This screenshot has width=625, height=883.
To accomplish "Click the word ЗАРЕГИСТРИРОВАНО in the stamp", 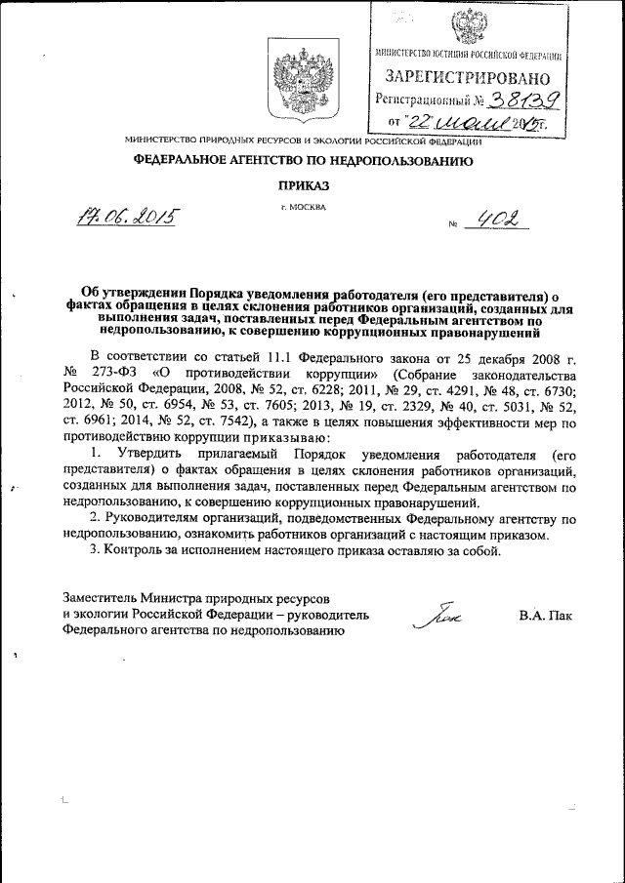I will [x=467, y=77].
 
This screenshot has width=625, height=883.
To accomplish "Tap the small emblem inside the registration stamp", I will [x=467, y=26].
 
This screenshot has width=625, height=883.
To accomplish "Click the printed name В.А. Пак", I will [x=546, y=616].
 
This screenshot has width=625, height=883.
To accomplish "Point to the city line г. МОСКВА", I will [x=304, y=208].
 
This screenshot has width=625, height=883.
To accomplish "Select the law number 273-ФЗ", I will [x=121, y=374].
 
